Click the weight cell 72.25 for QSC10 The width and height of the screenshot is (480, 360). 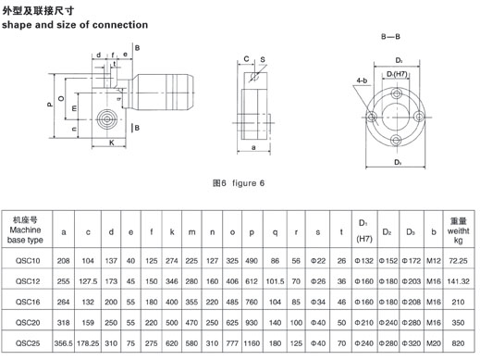458,261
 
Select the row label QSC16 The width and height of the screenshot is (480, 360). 28,302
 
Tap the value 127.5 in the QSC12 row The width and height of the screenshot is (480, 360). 88,281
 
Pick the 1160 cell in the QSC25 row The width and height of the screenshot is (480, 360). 252,343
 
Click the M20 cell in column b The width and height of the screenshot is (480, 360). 434,343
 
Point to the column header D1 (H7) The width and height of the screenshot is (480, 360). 364,230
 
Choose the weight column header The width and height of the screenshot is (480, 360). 458,230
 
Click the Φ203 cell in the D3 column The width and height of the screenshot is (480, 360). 412,281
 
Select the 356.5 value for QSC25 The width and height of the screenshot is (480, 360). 63,343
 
